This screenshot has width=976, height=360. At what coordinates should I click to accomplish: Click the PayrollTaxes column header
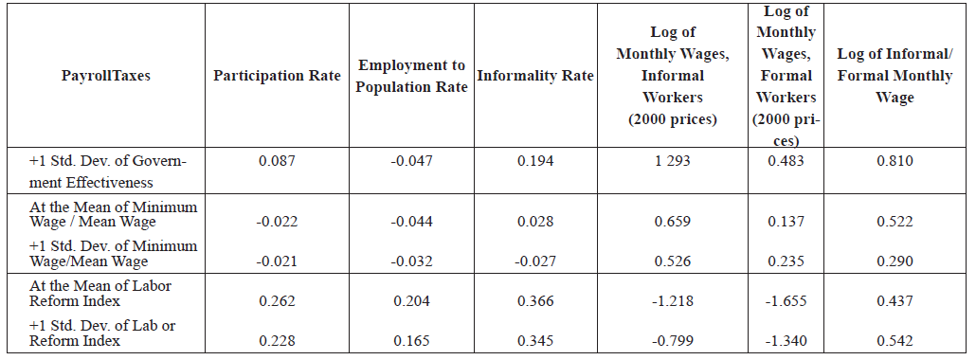pyautogui.click(x=105, y=77)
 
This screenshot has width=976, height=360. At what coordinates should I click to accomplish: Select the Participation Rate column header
pyautogui.click(x=277, y=77)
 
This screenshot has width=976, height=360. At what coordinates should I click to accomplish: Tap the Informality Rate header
pyautogui.click(x=535, y=77)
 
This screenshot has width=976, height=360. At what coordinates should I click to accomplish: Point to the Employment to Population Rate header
pyautogui.click(x=412, y=77)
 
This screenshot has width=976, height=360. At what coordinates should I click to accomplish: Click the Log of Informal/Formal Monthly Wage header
pyautogui.click(x=895, y=75)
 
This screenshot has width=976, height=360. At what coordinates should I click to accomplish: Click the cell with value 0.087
pyautogui.click(x=277, y=161)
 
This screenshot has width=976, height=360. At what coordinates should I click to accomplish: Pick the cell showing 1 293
pyautogui.click(x=672, y=161)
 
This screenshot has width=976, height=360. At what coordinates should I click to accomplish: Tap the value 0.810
pyautogui.click(x=895, y=161)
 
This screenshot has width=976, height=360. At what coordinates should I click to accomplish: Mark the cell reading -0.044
pyautogui.click(x=411, y=222)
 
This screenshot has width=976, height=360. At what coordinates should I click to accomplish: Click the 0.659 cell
pyautogui.click(x=672, y=222)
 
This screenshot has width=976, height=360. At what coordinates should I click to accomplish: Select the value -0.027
pyautogui.click(x=535, y=261)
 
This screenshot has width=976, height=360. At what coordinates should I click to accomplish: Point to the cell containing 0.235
pyautogui.click(x=786, y=261)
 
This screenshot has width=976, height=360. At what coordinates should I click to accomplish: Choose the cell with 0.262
pyautogui.click(x=277, y=301)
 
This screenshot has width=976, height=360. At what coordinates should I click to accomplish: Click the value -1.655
pyautogui.click(x=786, y=301)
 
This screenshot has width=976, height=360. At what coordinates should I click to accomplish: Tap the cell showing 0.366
pyautogui.click(x=535, y=301)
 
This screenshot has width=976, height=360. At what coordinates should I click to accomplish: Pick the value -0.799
pyautogui.click(x=672, y=341)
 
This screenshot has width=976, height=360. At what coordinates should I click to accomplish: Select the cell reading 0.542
pyautogui.click(x=895, y=341)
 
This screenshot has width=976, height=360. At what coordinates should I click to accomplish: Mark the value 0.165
pyautogui.click(x=411, y=341)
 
